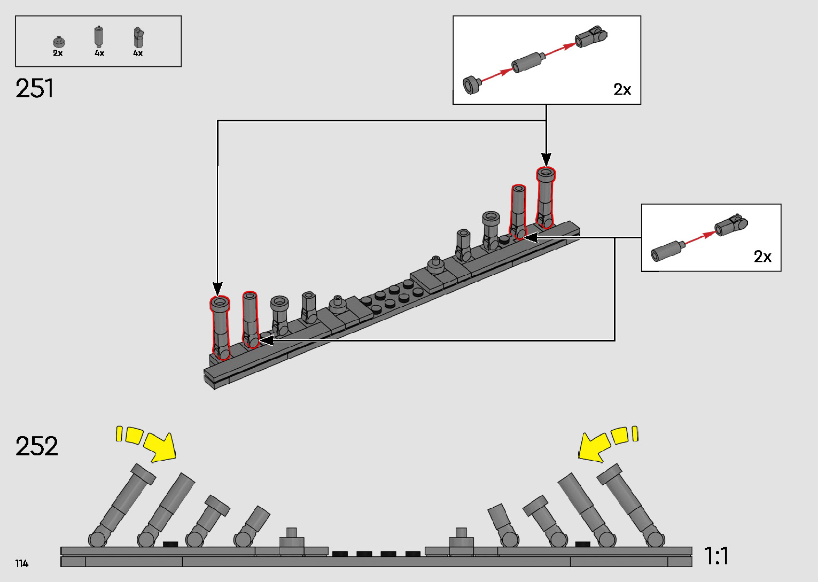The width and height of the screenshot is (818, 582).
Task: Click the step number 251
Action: click(35, 89)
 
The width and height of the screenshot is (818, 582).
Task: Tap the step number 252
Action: click(36, 446)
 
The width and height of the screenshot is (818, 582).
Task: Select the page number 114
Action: click(22, 563)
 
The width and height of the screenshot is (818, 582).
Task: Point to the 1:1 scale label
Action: click(716, 556)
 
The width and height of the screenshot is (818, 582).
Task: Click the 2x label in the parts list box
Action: click(58, 53)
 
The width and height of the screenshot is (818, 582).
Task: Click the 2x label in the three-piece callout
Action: click(622, 90)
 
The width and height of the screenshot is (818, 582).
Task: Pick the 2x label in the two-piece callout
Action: click(762, 257)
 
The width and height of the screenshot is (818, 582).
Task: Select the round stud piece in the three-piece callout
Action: click(471, 84)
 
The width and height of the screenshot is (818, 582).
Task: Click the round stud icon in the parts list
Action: click(58, 42)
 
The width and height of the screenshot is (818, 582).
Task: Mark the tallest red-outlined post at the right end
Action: click(546, 198)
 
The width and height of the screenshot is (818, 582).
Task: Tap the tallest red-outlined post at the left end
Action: click(220, 328)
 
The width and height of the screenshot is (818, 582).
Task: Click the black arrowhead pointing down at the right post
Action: click(546, 159)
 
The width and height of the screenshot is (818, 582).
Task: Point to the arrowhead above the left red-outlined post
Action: click(217, 289)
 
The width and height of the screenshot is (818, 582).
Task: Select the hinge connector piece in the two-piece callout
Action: click(731, 225)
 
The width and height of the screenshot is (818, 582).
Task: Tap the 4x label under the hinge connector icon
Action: click(138, 53)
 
